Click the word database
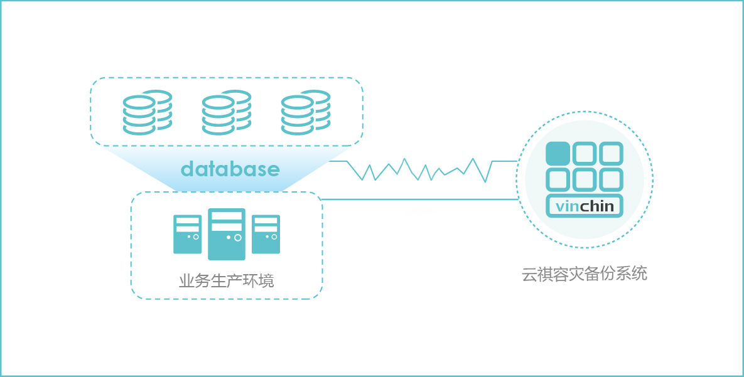point(230,169)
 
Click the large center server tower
point(227,234)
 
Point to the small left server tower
point(187,234)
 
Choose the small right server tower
point(266,234)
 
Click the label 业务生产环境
point(227,280)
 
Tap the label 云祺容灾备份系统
point(584,274)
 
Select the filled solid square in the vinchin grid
point(558,154)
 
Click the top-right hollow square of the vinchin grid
point(610,154)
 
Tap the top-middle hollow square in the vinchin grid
point(584,154)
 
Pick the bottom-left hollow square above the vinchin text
point(558,180)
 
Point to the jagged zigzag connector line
point(414,169)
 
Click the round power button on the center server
point(237,238)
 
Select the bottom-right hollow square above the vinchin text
point(610,180)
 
